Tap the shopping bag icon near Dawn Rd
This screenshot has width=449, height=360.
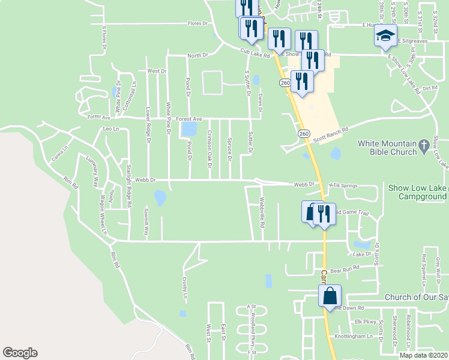tap(330, 296)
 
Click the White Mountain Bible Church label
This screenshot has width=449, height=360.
tap(387, 148)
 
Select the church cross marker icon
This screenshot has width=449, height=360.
tap(425, 144)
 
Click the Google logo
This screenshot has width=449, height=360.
tap(20, 353)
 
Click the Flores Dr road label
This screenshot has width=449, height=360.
tap(197, 23)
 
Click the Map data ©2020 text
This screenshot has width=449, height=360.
tap(423, 355)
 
